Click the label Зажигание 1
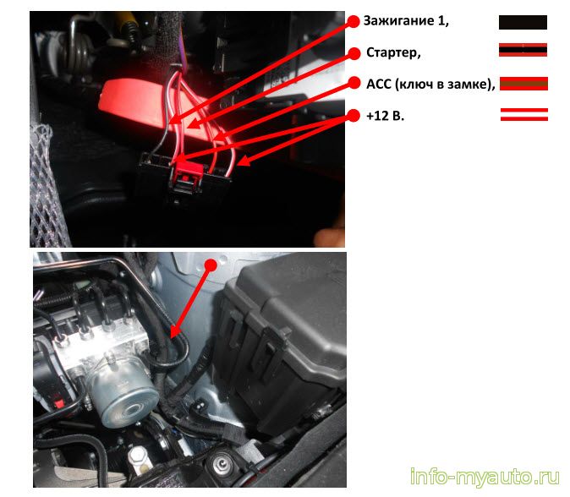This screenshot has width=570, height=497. pos(406,20)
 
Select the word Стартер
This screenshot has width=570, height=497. pos(393,52)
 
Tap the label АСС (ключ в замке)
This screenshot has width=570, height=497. pos(430,84)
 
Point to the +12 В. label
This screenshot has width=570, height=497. pos(385,116)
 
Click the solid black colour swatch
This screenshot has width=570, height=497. pos(523,22)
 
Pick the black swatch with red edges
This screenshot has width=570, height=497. pos(523,50)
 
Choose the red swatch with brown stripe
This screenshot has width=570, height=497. pos(523,84)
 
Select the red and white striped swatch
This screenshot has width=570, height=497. pos(524,114)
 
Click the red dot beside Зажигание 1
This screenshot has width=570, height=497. pos(353,21)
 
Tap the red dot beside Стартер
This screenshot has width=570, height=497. pos(354,53)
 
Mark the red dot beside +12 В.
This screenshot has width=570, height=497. pos(354,116)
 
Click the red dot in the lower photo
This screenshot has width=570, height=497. pos(211,265)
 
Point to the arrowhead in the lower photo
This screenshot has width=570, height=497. pos(174,332)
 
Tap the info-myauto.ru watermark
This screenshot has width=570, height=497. pos(485,477)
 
